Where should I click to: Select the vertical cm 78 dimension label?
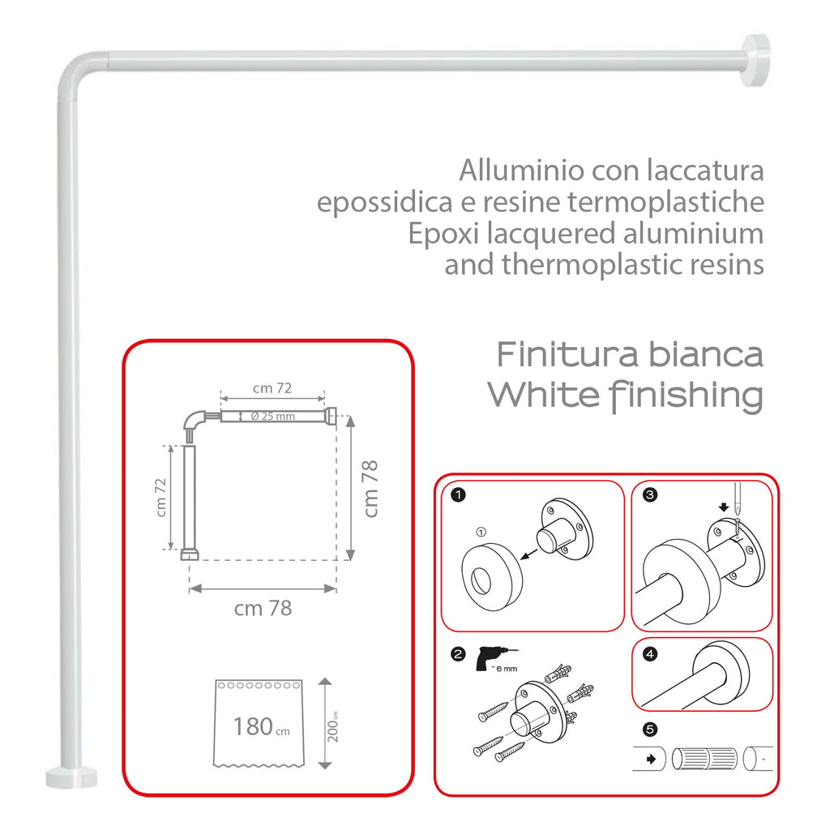pyautogui.click(x=371, y=489)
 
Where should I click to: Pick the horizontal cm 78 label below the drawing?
pyautogui.click(x=262, y=608)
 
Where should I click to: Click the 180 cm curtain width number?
pyautogui.click(x=253, y=726)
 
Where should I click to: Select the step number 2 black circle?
pyautogui.click(x=458, y=653)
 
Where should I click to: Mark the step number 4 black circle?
pyautogui.click(x=649, y=653)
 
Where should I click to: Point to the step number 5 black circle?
pyautogui.click(x=649, y=729)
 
